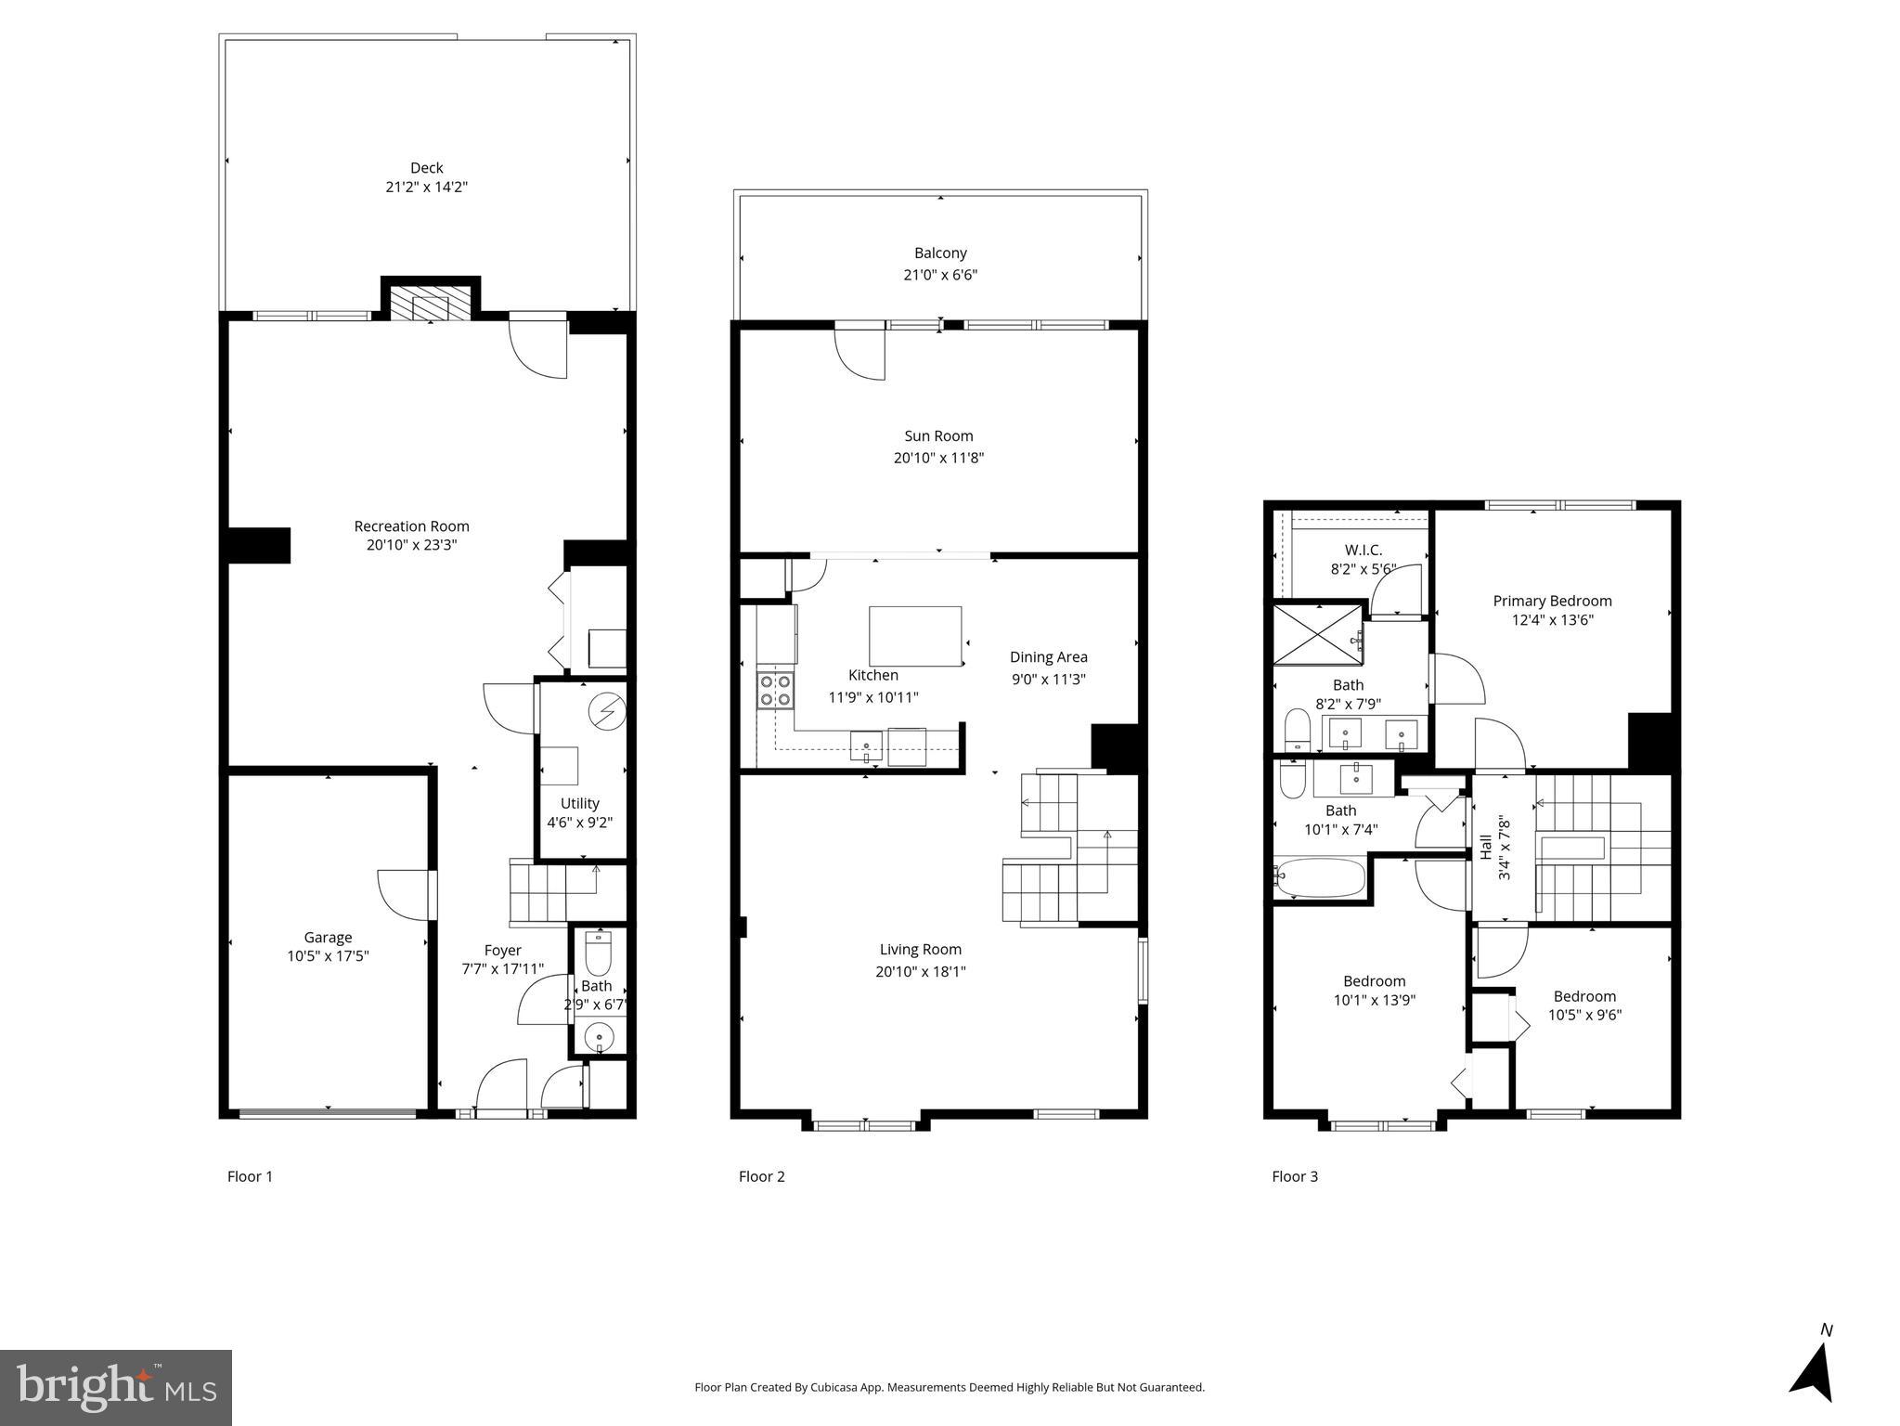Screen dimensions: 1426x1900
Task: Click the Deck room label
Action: click(x=426, y=168)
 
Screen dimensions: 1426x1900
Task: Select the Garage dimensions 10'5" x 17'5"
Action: click(x=328, y=955)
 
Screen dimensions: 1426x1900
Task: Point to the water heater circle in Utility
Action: click(x=607, y=712)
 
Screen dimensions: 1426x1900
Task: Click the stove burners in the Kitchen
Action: click(x=776, y=690)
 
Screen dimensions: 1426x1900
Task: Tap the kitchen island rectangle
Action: click(x=914, y=636)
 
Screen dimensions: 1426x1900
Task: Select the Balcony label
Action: click(x=940, y=253)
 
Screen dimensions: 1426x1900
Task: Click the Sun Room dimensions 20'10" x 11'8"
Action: click(x=938, y=458)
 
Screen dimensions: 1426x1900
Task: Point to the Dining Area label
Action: click(x=1048, y=657)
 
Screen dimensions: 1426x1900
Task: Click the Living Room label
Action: click(x=920, y=950)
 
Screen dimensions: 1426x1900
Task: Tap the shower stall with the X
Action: click(x=1316, y=634)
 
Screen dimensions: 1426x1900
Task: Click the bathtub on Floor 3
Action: click(x=1319, y=877)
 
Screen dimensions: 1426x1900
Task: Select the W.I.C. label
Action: click(x=1363, y=551)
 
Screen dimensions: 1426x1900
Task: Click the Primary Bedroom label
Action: click(x=1552, y=601)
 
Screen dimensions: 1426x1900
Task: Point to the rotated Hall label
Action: click(x=1486, y=847)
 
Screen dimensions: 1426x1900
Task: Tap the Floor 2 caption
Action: click(x=761, y=1176)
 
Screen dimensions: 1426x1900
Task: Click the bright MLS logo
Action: click(x=116, y=1387)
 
